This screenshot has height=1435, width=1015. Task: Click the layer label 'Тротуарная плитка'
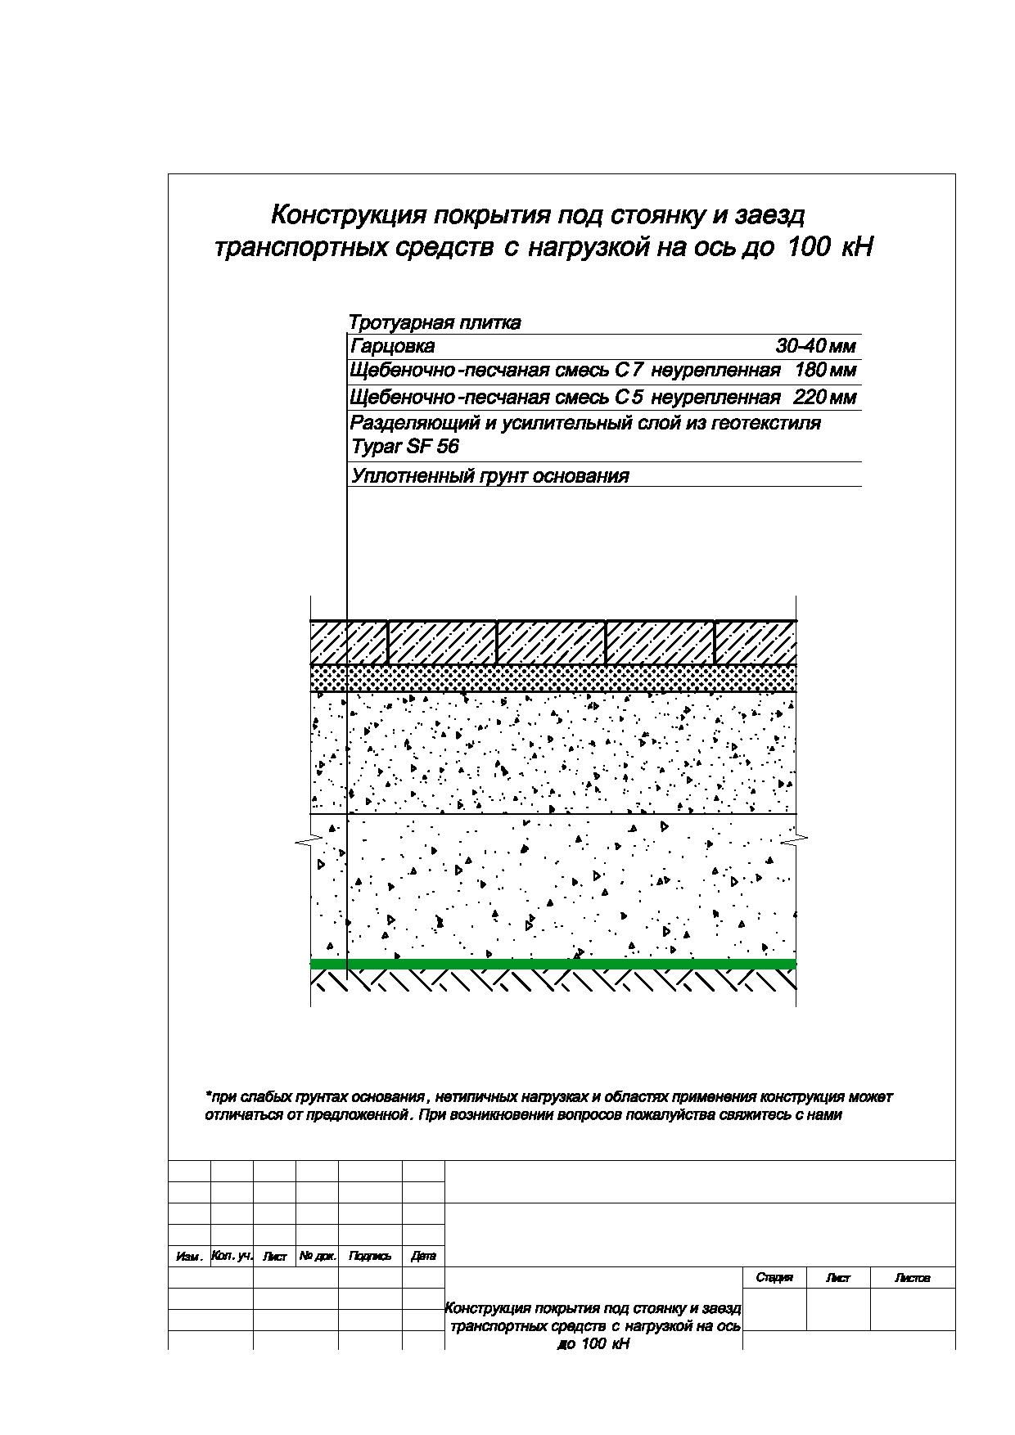click(x=435, y=323)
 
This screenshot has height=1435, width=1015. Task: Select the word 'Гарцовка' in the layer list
click(x=392, y=347)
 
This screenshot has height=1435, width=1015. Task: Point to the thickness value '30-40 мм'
click(x=815, y=347)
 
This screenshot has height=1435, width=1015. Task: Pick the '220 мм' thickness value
click(x=825, y=398)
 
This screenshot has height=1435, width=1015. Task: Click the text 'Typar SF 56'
click(x=404, y=448)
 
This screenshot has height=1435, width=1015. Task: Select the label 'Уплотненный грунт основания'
click(x=489, y=477)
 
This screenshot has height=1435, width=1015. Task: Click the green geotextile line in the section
click(x=553, y=964)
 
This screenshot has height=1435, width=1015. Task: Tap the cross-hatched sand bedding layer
click(x=553, y=678)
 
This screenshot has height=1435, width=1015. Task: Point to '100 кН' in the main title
click(x=829, y=247)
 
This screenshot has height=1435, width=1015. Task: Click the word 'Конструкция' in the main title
click(x=347, y=215)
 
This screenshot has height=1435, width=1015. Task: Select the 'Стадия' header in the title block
click(x=774, y=1278)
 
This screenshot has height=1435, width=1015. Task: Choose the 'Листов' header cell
click(x=912, y=1278)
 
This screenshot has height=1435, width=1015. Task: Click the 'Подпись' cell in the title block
click(x=370, y=1256)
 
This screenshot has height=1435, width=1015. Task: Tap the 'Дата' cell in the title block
click(x=423, y=1256)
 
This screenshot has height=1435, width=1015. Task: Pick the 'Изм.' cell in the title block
click(x=189, y=1256)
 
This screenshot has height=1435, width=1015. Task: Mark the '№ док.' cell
click(x=317, y=1256)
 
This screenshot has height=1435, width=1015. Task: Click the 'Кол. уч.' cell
click(x=232, y=1255)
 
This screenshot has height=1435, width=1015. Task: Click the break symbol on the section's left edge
click(x=303, y=841)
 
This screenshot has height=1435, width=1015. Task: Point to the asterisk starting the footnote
click(x=208, y=1095)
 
